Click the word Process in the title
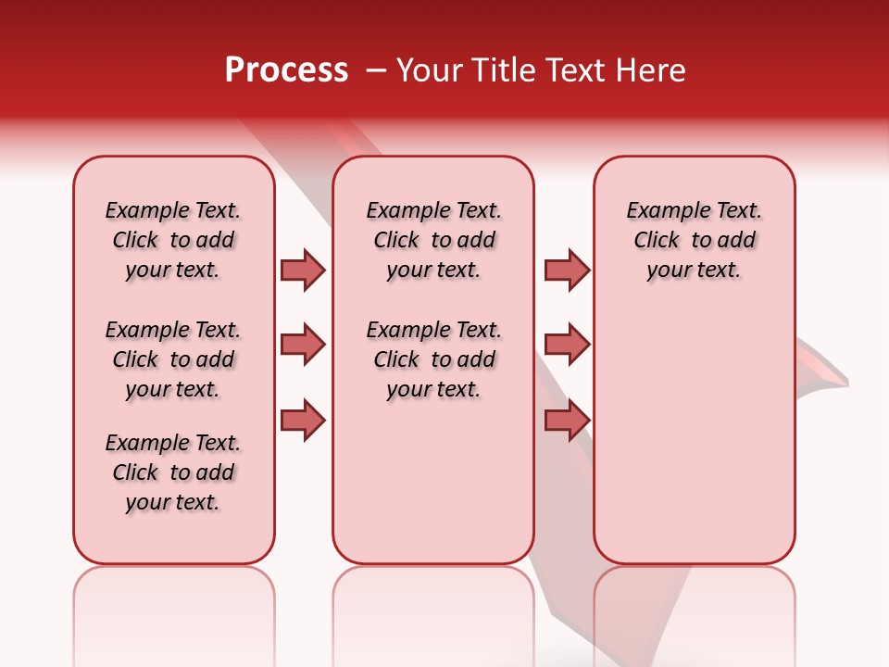tap(286, 70)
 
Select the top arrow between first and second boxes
tap(303, 270)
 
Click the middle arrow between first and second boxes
tap(303, 345)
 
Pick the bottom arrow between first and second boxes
tap(303, 420)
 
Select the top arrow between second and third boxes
tap(567, 270)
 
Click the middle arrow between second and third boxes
tap(567, 345)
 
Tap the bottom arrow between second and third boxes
tap(567, 420)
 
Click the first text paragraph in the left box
tap(173, 240)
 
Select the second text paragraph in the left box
tap(173, 359)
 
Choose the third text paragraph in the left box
tap(173, 472)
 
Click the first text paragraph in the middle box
tap(433, 240)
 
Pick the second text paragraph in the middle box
tap(433, 359)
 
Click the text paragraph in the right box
tap(694, 240)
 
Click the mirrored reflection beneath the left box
tap(174, 611)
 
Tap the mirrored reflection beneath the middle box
tap(433, 611)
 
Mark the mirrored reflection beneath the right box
tap(694, 611)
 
